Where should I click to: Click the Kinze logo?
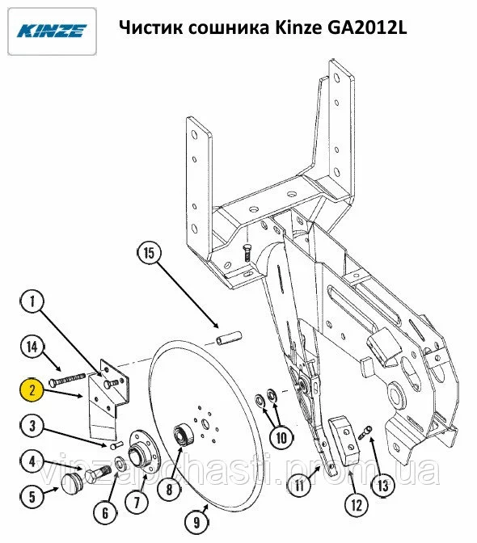coord(52,32)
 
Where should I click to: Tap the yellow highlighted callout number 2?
coord(32,389)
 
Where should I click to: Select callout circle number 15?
coord(149,253)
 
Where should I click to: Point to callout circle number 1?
coord(32,301)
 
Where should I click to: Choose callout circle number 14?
coord(32,347)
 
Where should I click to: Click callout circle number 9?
coord(196,522)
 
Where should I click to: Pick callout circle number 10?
coord(281,438)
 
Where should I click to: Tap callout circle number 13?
coord(383,486)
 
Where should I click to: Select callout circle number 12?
coord(357,505)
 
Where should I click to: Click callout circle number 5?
coord(32,496)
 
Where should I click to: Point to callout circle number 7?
coord(137,502)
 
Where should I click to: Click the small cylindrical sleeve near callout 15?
coord(229,339)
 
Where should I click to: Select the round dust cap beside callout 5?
coord(73,482)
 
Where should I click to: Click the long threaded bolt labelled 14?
coord(67,379)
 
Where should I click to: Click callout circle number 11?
coord(300,485)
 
